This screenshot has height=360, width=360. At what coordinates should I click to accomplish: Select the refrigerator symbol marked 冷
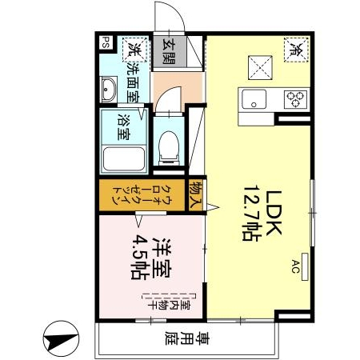(295, 48)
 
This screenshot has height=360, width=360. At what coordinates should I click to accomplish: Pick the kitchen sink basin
(254, 100)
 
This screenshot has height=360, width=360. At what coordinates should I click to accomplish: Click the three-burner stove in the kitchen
(295, 99)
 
